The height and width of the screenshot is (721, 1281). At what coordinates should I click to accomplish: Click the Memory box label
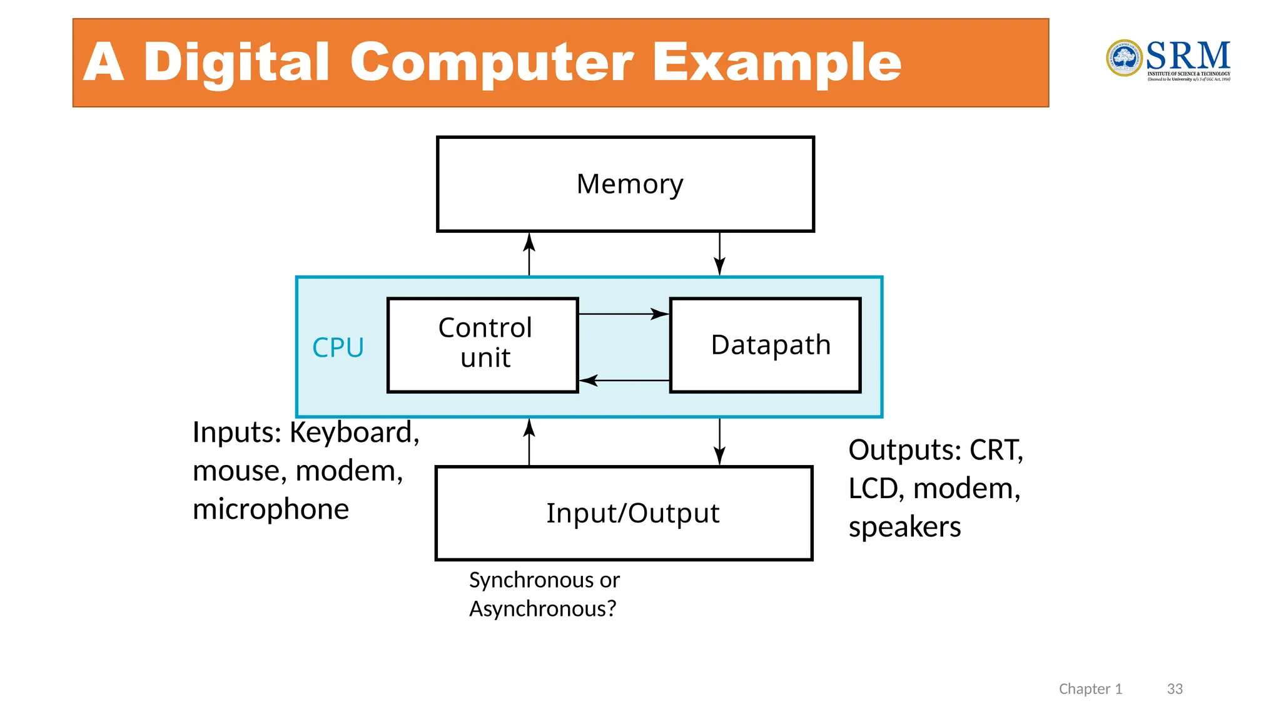pos(629,184)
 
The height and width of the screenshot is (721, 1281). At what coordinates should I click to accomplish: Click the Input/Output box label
pos(632,513)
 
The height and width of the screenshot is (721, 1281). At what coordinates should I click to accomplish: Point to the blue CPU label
pos(338,347)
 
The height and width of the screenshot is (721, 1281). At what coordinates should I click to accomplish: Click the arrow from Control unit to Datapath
pos(624,314)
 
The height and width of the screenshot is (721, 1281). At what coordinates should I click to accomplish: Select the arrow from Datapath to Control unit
pos(624,380)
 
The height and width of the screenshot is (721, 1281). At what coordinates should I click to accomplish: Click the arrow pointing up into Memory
pos(529,254)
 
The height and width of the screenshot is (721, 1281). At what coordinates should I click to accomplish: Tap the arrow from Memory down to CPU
pos(719,254)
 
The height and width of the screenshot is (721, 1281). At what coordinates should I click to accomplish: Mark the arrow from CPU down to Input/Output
pos(719,442)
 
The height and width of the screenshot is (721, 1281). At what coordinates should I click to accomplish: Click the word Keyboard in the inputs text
pos(354,432)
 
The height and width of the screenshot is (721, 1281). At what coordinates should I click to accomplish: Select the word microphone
pos(270,509)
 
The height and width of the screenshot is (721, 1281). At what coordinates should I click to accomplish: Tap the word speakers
pos(904,527)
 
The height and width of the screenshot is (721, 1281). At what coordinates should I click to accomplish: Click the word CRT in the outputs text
pos(996,450)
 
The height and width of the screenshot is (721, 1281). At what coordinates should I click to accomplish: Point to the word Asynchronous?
pos(542,608)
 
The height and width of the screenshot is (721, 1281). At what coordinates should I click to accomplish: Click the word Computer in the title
pos(492,63)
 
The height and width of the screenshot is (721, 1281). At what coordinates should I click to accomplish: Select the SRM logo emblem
pos(1124,58)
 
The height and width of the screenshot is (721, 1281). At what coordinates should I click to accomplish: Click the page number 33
pos(1175,689)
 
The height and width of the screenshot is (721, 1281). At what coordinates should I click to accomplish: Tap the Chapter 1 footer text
pos(1090,689)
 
